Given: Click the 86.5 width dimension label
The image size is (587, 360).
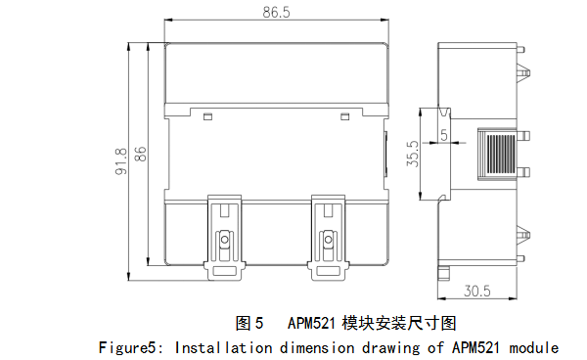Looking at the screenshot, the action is point(276,13).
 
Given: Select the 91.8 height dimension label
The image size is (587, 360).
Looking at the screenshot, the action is point(121,161).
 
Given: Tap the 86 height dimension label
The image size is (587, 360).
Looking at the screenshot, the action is point(141,154).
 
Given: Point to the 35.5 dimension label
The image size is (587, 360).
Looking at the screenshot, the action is point(413,154).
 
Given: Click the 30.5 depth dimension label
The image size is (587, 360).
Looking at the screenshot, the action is point(477,291).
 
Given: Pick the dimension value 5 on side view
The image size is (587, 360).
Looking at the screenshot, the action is point(444,135).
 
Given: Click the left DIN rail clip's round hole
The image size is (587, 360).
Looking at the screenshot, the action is point(225,240).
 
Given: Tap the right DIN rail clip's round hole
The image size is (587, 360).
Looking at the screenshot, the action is point(329,240).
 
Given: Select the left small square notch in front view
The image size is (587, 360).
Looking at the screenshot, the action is point(207,116).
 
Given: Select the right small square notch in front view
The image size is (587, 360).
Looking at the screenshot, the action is point(344,116).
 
